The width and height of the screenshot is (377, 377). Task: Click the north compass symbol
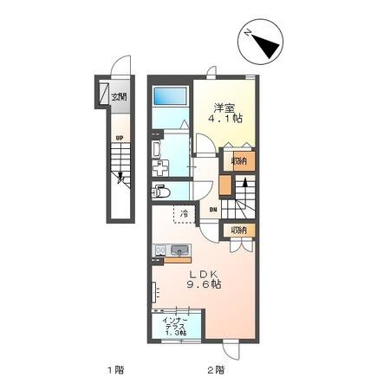click(x=259, y=42)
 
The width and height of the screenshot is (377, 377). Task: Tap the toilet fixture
click(x=161, y=192)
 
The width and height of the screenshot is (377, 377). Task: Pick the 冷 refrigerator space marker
click(x=185, y=212)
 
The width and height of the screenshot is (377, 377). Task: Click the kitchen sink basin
click(x=180, y=252)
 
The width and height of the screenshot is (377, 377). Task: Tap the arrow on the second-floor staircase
click(x=244, y=185)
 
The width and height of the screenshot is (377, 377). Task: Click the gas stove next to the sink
click(x=159, y=252)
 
